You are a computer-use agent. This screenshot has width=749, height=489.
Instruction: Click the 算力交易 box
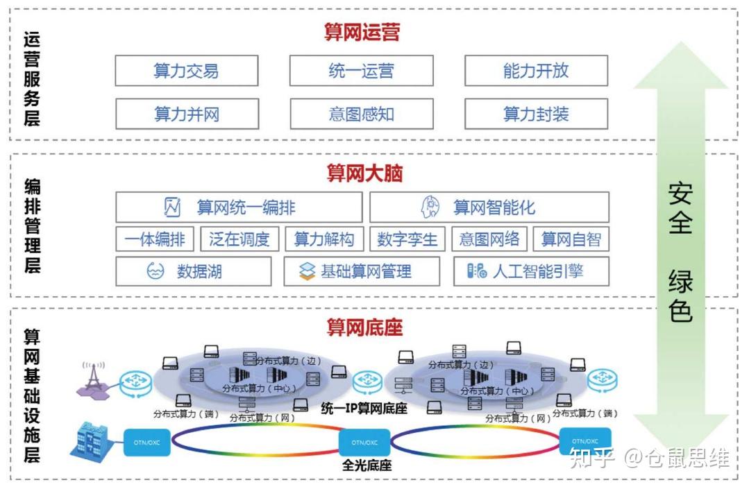(186, 71)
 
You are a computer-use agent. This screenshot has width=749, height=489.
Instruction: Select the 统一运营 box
(361, 71)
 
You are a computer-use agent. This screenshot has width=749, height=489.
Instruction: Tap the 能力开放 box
(536, 71)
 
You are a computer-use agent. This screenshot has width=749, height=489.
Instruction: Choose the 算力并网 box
(186, 114)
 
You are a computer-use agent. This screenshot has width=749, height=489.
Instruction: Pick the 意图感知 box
(361, 114)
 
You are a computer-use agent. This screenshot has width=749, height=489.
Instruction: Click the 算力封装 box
(536, 114)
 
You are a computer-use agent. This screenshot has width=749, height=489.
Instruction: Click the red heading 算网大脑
(364, 173)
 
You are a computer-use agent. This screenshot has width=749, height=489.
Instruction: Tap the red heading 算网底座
(364, 327)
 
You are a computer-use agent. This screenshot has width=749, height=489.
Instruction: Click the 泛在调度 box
(239, 239)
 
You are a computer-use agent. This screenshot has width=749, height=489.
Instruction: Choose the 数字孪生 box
(407, 239)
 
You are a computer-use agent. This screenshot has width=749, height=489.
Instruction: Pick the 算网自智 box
(571, 239)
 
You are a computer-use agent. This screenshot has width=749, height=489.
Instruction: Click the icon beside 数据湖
(155, 271)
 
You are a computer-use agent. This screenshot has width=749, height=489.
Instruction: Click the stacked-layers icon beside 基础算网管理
(307, 271)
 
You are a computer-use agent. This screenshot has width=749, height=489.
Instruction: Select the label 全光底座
(366, 465)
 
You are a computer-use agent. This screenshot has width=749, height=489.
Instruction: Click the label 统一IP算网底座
(364, 409)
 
